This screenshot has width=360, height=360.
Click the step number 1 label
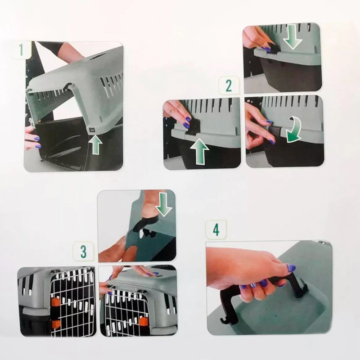point(21,49)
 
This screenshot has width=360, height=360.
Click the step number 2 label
point(229,86)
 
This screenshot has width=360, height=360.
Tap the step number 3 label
point(83,252)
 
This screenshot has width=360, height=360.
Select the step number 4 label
point(216,230)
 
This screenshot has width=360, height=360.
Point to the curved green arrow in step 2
point(295,130)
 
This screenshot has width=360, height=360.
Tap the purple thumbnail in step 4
point(291,268)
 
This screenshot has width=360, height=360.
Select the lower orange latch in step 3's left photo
point(56,324)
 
